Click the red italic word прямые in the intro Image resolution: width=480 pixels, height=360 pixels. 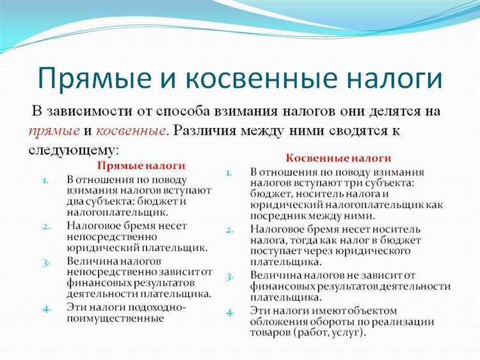click(54, 130)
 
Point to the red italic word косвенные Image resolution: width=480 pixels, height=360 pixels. click(131, 130)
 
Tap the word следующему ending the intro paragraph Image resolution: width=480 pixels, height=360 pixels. click(73, 150)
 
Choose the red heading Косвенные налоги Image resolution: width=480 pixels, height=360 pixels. click(339, 158)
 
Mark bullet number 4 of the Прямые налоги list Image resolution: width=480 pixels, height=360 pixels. click(46, 308)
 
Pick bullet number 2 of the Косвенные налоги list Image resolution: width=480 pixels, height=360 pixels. click(230, 229)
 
